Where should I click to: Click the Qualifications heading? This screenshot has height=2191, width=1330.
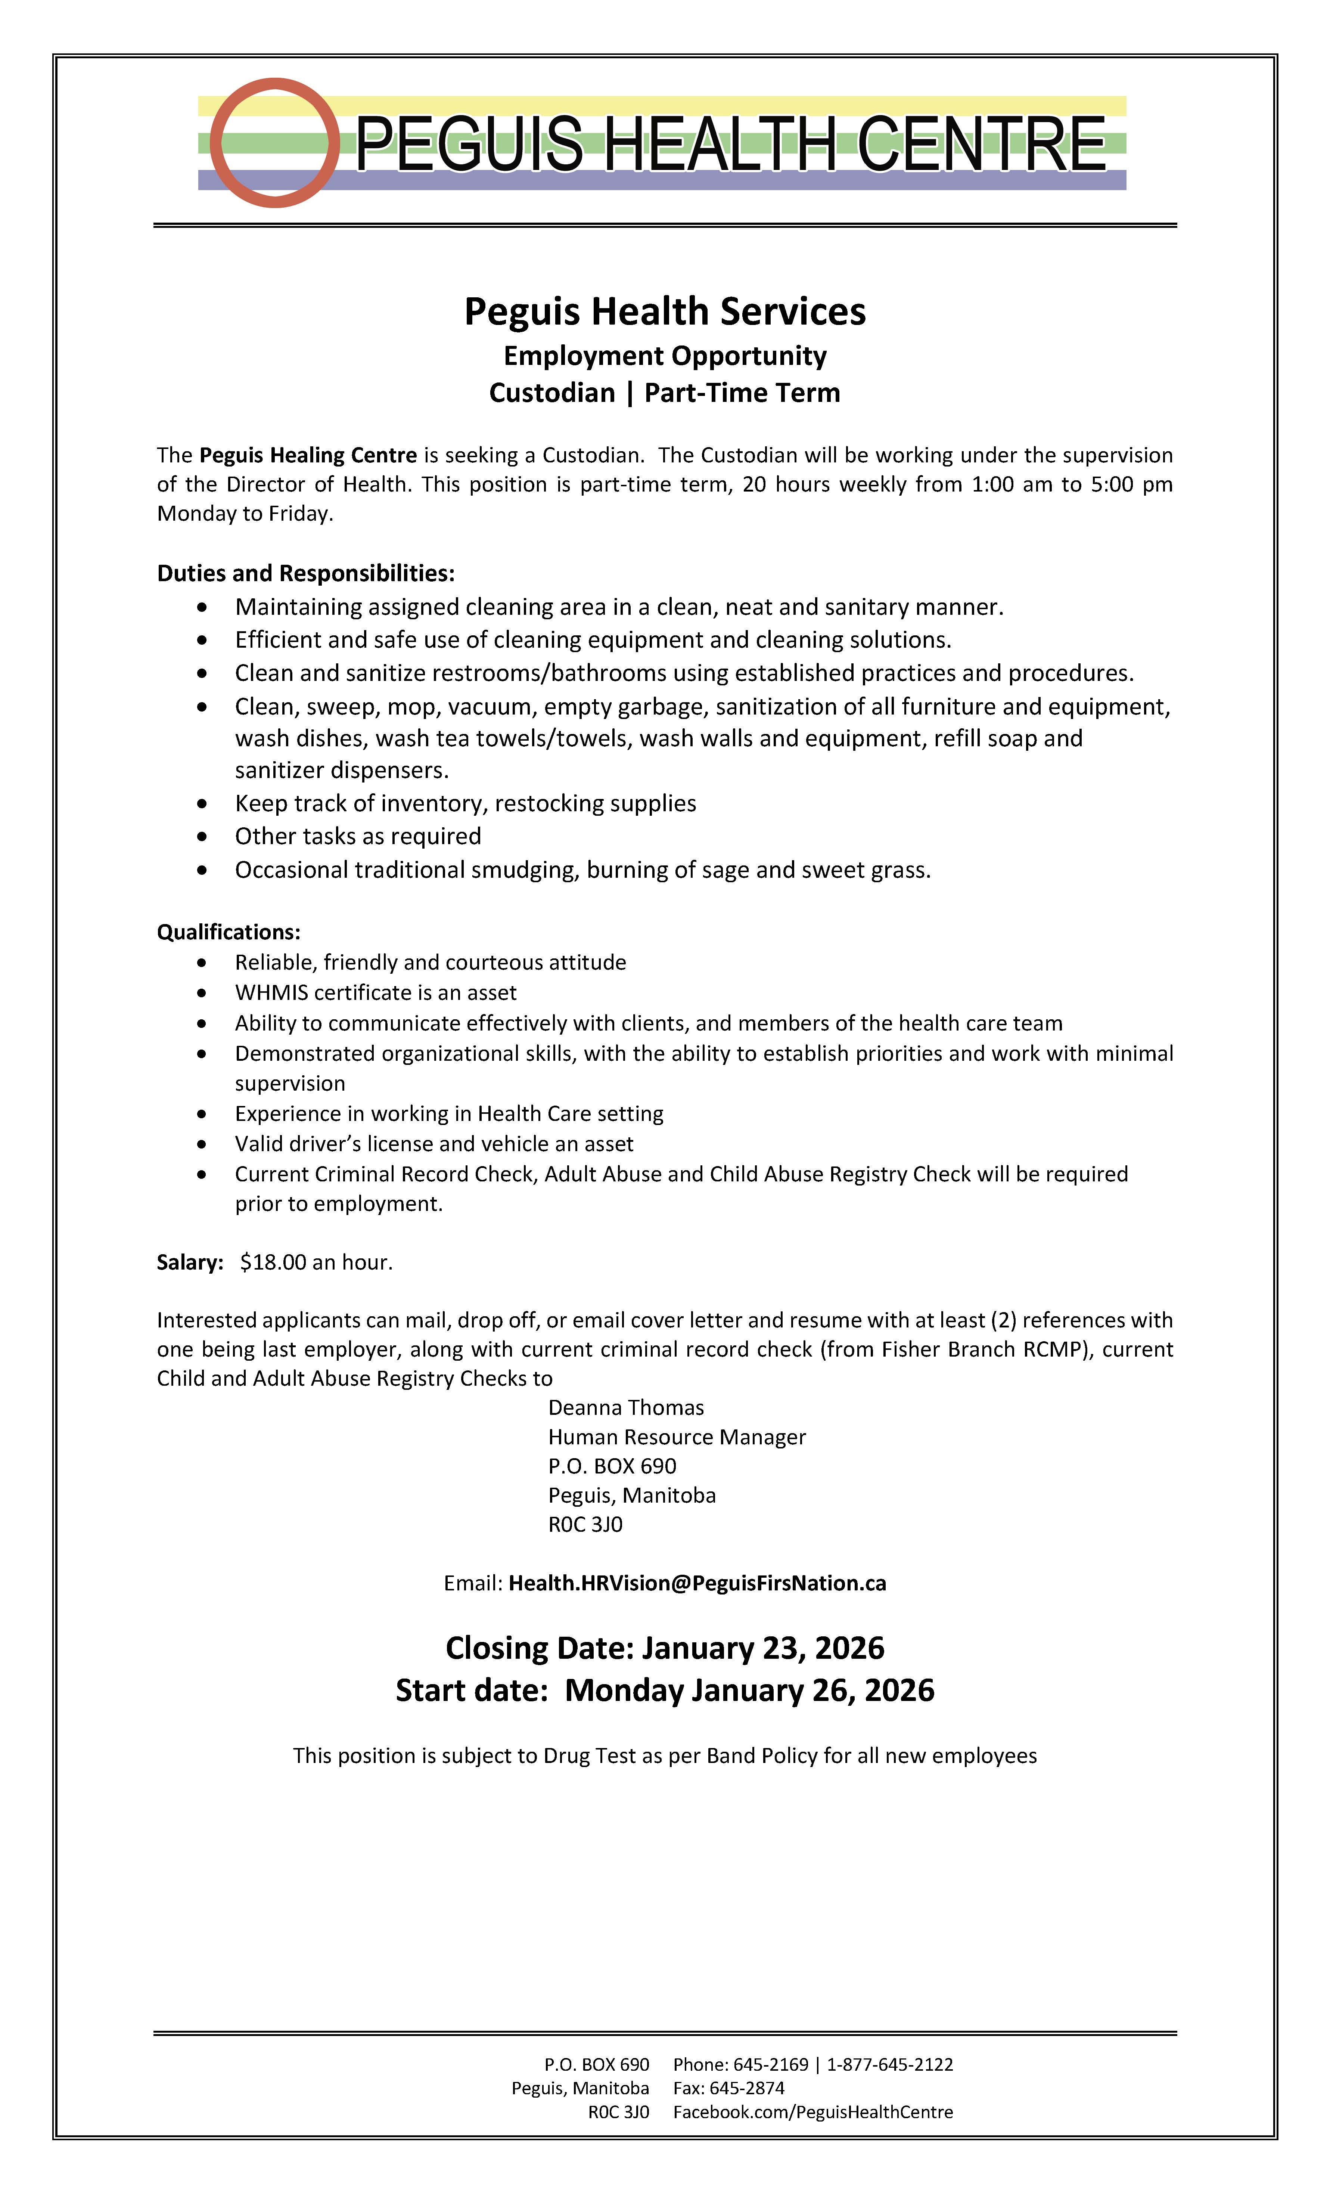point(229,932)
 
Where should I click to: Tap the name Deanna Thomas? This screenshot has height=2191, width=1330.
point(626,1408)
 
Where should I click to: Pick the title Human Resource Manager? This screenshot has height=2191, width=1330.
point(677,1437)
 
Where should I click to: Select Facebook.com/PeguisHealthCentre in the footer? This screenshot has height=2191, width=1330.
point(812,2112)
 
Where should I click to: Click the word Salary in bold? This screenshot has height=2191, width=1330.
point(189,1263)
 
